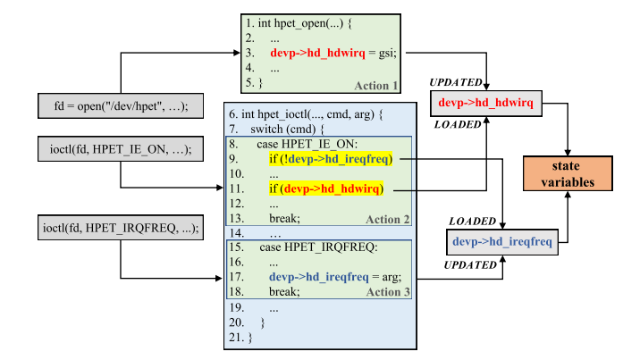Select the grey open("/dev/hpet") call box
121,106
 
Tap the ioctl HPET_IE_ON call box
121,147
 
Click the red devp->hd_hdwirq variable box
485,104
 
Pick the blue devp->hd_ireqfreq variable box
500,241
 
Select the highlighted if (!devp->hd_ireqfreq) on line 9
331,160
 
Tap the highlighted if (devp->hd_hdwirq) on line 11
325,189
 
